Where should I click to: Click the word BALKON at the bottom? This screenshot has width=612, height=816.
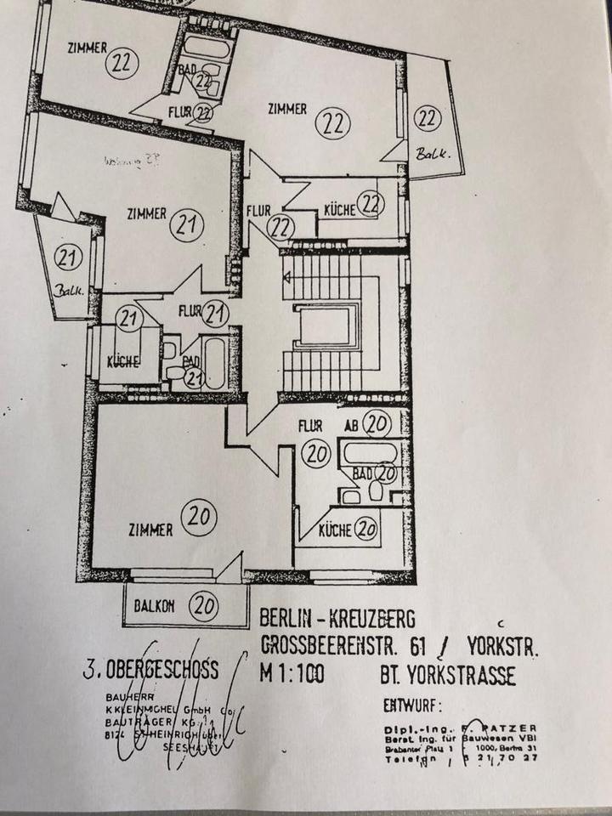(154, 606)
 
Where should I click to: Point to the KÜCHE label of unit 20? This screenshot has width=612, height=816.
(335, 531)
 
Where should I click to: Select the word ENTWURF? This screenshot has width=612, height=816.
(414, 705)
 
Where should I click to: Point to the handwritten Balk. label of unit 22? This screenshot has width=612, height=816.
(432, 153)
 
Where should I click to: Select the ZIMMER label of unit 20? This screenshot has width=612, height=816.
(150, 530)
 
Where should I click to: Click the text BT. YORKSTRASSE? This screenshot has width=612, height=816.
(447, 677)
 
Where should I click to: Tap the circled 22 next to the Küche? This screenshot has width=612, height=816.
(371, 204)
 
